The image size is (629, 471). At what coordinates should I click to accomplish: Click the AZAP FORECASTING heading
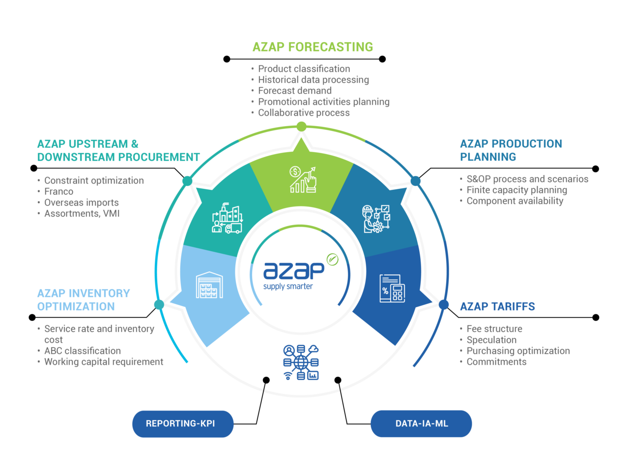click(x=313, y=47)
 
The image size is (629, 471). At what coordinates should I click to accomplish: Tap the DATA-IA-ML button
click(x=421, y=423)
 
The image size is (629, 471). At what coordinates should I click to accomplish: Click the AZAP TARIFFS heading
click(x=497, y=307)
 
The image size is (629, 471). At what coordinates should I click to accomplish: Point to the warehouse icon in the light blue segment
click(x=209, y=286)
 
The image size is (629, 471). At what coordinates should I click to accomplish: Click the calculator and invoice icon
click(x=392, y=288)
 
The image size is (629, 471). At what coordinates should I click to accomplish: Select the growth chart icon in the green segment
click(x=303, y=180)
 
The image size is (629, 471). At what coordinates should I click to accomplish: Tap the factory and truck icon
click(x=227, y=219)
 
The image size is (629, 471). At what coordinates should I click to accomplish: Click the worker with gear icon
click(x=376, y=219)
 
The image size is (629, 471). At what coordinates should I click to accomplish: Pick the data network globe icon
click(x=301, y=363)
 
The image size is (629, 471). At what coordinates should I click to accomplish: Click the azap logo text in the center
click(x=293, y=270)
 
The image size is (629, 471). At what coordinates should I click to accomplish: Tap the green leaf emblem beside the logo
click(x=333, y=259)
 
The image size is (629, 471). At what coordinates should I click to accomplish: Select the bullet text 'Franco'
click(x=59, y=192)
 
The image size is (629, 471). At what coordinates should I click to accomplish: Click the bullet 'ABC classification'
click(x=83, y=351)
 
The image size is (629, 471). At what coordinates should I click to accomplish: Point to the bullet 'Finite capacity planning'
click(x=516, y=190)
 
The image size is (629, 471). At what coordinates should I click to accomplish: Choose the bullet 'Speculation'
click(x=491, y=340)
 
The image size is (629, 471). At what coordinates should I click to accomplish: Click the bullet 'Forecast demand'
click(x=295, y=91)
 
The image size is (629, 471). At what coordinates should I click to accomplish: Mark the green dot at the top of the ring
click(x=302, y=127)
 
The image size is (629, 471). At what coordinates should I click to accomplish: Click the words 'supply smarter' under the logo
click(x=288, y=287)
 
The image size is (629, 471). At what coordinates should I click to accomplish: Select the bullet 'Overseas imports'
click(x=82, y=203)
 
